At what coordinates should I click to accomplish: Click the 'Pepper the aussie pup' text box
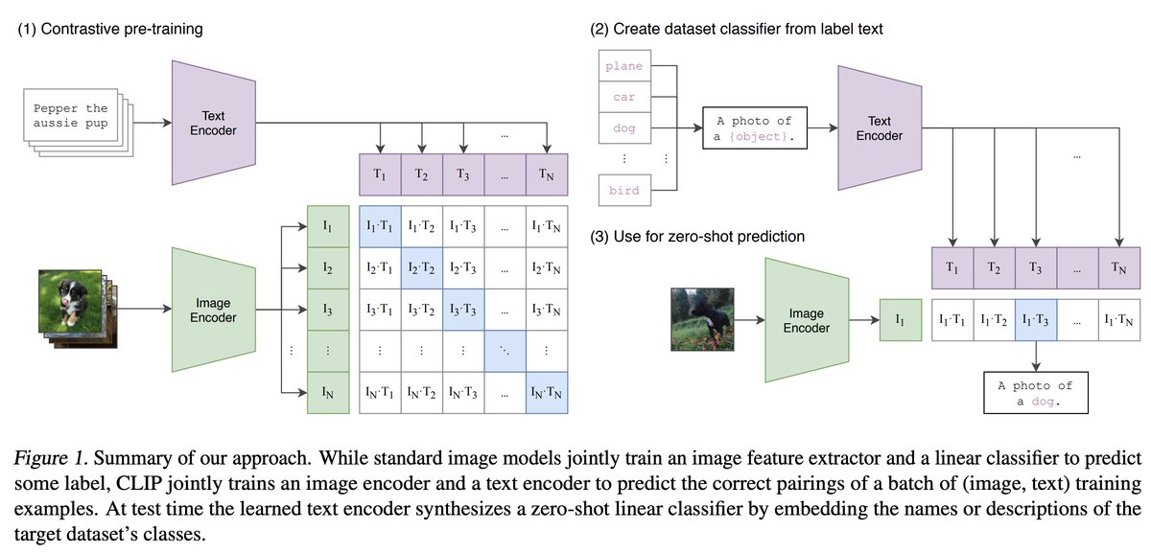(69, 116)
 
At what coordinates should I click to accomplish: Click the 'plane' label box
(624, 66)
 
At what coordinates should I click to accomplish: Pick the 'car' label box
(624, 97)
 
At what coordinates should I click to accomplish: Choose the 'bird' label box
(624, 190)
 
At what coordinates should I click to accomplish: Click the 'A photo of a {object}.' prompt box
(755, 128)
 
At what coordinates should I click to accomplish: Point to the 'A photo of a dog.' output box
(1035, 393)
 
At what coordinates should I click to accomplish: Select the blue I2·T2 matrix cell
(422, 268)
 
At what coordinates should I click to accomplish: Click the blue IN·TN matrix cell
(547, 392)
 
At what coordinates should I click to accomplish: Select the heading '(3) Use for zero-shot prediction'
(697, 237)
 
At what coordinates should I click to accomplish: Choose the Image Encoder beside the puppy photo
(212, 310)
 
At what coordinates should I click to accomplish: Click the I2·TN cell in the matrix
(547, 268)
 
